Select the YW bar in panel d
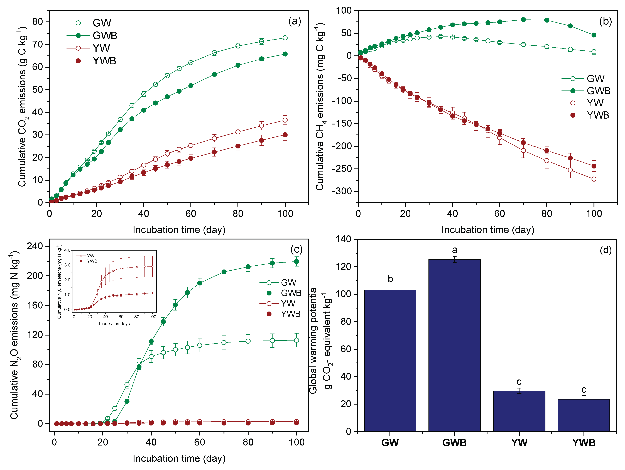pos(519,411)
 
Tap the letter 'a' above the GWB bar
pos(455,250)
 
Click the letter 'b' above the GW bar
pos(390,279)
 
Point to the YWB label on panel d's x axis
pos(584,443)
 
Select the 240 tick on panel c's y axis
pos(35,246)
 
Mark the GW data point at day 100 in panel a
pos(285,38)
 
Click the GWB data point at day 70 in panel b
pos(523,19)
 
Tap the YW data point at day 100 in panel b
pos(594,179)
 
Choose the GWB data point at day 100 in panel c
pos(296,261)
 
